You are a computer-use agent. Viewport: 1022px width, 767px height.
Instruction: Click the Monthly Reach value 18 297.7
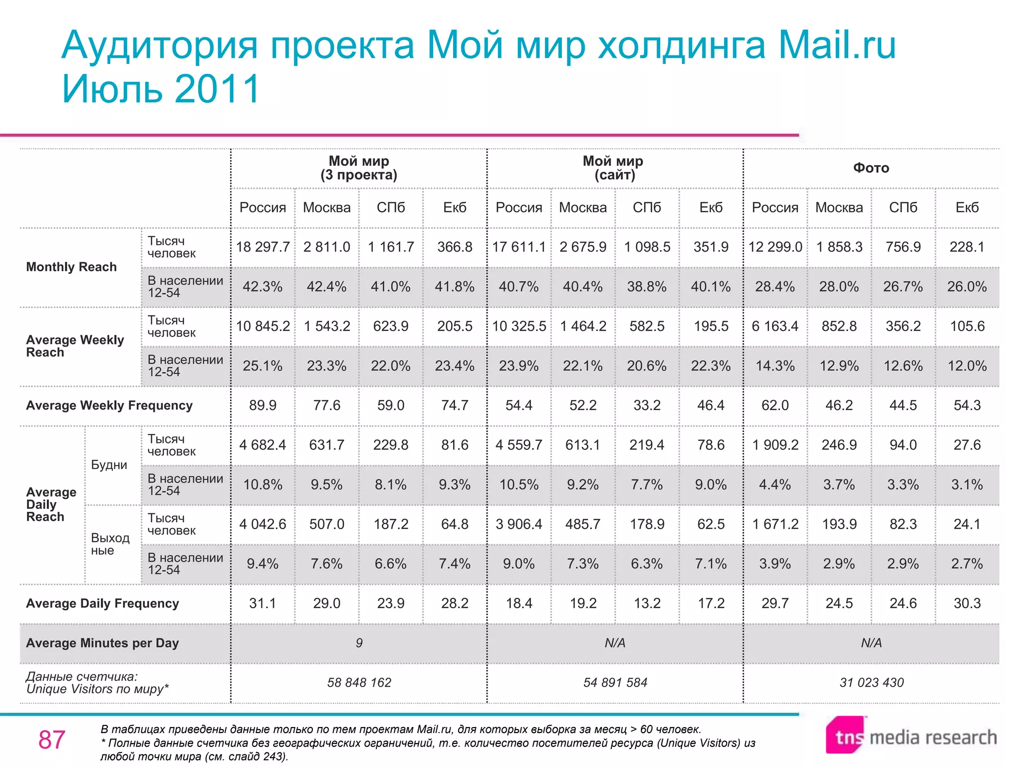[x=262, y=247]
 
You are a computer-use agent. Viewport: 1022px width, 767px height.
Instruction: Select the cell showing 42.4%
[x=326, y=287]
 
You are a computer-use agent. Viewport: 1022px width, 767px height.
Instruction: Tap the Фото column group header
[x=871, y=168]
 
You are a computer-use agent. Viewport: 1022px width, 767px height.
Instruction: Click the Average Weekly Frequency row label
[x=109, y=405]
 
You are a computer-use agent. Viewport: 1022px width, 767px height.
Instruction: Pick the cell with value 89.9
[x=262, y=405]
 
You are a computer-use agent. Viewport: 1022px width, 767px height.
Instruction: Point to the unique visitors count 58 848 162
[x=359, y=683]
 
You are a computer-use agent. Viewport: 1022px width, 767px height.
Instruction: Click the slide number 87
[x=51, y=740]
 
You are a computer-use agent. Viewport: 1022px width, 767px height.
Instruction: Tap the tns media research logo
[x=911, y=736]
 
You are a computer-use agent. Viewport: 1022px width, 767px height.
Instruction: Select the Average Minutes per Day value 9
[x=359, y=643]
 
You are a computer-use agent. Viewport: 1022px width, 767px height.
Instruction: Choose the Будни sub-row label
[x=109, y=465]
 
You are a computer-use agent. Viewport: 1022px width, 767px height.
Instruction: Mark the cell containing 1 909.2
[x=775, y=445]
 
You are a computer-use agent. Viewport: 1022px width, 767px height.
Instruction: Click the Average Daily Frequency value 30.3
[x=967, y=603]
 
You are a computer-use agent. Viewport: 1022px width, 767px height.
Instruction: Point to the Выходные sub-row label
[x=110, y=544]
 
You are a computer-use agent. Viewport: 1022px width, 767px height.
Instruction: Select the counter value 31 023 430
[x=871, y=683]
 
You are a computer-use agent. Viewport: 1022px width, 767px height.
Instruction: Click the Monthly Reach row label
[x=71, y=267]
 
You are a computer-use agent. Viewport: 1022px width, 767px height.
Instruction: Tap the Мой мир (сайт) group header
[x=613, y=168]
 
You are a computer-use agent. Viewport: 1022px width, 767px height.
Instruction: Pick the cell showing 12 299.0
[x=775, y=247]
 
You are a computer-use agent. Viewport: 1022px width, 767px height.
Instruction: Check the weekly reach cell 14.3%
[x=775, y=366]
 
